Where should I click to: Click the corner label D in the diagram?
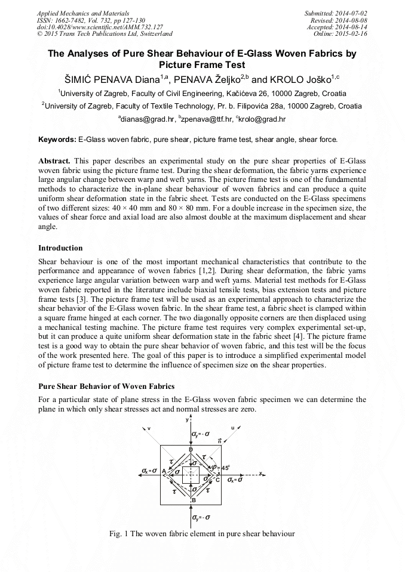click(191, 449)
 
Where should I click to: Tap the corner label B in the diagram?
click(193, 500)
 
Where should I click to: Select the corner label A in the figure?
click(164, 471)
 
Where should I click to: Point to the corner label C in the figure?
click(217, 479)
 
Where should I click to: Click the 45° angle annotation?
click(225, 468)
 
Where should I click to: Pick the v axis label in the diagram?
click(149, 428)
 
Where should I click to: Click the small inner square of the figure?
click(191, 475)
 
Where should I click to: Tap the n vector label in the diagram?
click(219, 440)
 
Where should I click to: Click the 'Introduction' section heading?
click(60, 248)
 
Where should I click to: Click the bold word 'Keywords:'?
click(57, 140)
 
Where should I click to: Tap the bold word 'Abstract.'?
click(54, 162)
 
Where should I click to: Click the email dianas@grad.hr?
click(145, 119)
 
